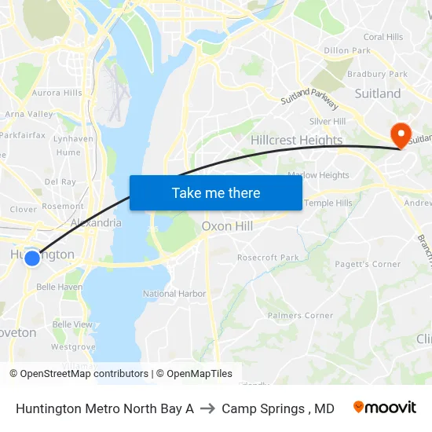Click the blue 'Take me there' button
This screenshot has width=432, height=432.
(x=216, y=192)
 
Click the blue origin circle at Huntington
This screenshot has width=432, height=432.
(x=32, y=258)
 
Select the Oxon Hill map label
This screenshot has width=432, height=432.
(x=227, y=226)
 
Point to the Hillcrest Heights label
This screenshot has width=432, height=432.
(x=296, y=141)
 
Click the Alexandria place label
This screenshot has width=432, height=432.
(x=96, y=222)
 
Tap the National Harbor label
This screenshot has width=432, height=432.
(x=170, y=294)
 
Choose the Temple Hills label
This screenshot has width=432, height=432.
(x=328, y=203)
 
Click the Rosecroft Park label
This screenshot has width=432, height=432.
(x=268, y=257)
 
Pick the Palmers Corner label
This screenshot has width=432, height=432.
(x=300, y=316)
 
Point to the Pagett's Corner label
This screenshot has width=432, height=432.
(x=368, y=264)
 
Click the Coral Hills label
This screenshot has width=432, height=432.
(x=383, y=37)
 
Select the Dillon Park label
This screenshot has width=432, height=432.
(x=347, y=50)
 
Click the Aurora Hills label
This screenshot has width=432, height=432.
(x=57, y=93)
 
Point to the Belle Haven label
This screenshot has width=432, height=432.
(x=59, y=287)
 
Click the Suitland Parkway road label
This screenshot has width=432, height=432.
(x=309, y=102)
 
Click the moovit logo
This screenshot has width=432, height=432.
(x=385, y=408)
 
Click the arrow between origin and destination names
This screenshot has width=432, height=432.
(x=207, y=408)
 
